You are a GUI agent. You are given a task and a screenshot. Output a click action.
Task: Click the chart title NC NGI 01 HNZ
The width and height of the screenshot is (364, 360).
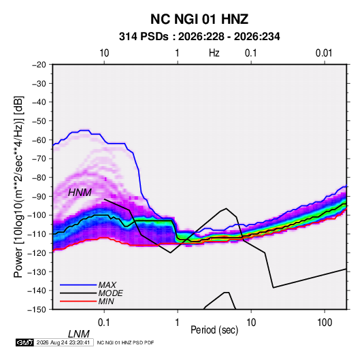click(199, 19)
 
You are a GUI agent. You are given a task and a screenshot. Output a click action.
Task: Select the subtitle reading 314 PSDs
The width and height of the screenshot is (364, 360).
click(144, 37)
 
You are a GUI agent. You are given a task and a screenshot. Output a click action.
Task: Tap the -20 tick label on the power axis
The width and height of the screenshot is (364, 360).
click(39, 65)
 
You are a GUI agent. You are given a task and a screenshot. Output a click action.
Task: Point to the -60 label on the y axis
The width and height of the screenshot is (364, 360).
click(39, 140)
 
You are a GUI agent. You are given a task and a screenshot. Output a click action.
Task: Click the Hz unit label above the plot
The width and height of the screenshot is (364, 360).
click(214, 53)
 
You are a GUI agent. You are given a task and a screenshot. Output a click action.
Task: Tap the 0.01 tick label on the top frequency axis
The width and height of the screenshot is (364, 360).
click(324, 53)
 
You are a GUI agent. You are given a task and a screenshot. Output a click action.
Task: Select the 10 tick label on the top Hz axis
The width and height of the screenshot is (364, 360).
click(104, 53)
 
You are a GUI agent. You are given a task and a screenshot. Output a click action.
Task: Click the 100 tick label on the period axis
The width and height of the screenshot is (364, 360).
click(325, 323)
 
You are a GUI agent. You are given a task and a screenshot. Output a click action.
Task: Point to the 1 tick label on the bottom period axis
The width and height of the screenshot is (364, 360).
click(178, 323)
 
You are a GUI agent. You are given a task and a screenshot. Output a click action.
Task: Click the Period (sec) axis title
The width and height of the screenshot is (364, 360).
click(214, 330)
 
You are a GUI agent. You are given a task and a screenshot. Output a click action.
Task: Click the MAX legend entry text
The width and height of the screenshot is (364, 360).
click(107, 285)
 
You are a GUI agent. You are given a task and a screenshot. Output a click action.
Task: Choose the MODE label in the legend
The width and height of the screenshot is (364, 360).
click(110, 293)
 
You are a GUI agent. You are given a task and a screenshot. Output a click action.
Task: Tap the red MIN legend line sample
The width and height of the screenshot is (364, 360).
click(78, 301)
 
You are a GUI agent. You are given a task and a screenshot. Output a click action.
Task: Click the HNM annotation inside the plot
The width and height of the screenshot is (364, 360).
click(80, 193)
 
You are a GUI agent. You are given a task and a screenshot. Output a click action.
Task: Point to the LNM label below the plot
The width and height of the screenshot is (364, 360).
click(78, 334)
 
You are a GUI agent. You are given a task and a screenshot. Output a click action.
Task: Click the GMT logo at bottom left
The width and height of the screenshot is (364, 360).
click(24, 342)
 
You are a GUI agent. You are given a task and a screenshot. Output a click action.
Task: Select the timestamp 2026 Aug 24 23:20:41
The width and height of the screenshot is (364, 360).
click(63, 342)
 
